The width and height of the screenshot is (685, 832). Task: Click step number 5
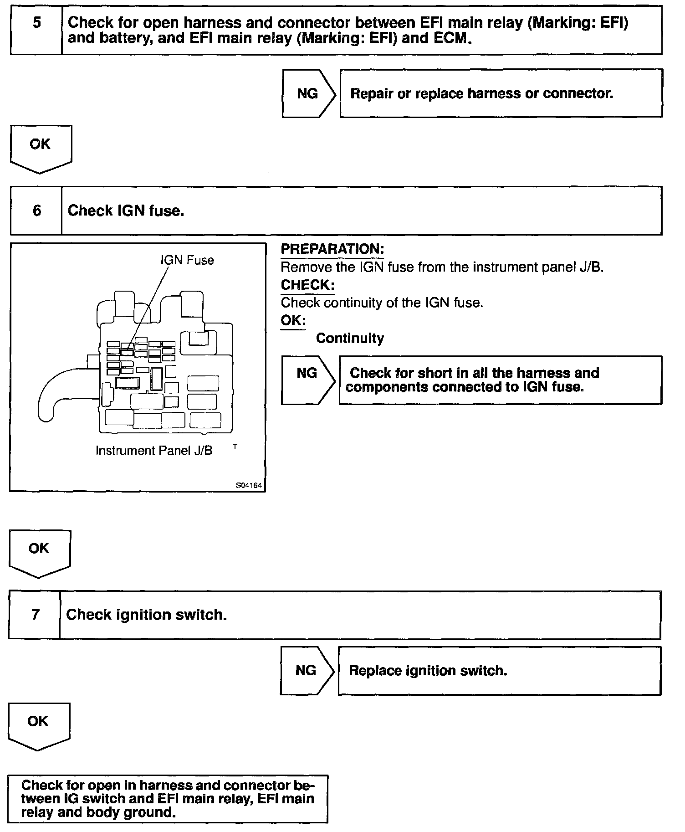(36, 23)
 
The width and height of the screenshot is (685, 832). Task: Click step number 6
(36, 211)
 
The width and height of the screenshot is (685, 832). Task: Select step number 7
(35, 615)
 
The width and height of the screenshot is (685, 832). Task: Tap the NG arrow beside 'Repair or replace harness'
(308, 93)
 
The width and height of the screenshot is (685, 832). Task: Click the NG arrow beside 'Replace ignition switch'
(306, 670)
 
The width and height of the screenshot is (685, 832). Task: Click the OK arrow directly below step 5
(40, 147)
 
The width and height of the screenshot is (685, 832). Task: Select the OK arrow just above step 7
(39, 551)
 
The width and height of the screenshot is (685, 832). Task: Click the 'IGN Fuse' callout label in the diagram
(187, 260)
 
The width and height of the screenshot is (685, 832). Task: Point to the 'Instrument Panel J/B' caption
(154, 451)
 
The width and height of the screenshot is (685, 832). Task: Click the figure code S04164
(249, 486)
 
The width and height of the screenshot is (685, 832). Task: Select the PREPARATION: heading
(332, 249)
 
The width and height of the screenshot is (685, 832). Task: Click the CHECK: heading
(307, 285)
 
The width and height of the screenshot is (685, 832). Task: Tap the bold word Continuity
(350, 338)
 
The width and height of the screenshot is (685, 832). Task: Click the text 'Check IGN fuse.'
(126, 211)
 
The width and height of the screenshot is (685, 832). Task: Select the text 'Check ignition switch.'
(146, 615)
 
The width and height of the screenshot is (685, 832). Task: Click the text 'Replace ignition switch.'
(428, 670)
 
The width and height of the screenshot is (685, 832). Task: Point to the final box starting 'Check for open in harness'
(168, 798)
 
